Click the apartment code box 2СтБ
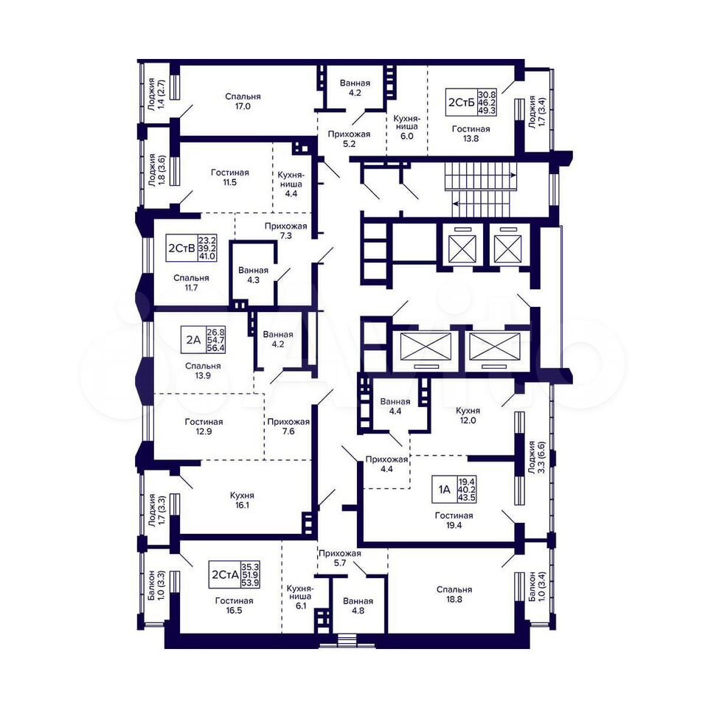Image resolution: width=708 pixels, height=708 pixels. tap(471, 102)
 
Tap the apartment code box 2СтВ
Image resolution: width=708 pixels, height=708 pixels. tap(191, 248)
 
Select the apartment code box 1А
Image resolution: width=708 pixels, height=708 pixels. tap(454, 490)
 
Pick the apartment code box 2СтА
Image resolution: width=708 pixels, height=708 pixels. tap(235, 575)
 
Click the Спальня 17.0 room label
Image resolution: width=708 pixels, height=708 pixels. tap(243, 102)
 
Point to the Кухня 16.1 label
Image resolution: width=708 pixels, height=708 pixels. tap(242, 500)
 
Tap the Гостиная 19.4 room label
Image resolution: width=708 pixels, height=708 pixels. tap(454, 520)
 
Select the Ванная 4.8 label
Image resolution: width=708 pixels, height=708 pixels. tap(358, 605)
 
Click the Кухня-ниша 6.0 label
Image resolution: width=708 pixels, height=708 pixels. tap(406, 127)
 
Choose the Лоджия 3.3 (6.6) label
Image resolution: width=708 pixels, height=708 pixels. tap(538, 457)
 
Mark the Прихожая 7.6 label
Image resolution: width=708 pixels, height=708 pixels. tap(288, 426)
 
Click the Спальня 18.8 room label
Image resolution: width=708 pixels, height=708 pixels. tap(454, 594)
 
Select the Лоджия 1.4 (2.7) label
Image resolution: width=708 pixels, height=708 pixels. tap(156, 94)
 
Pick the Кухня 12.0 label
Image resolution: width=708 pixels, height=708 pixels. tap(468, 415)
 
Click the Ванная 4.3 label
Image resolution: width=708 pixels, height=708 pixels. tap(253, 275)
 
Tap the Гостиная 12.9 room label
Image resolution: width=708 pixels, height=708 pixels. tap(204, 426)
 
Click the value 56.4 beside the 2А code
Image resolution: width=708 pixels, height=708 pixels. tap(216, 348)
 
